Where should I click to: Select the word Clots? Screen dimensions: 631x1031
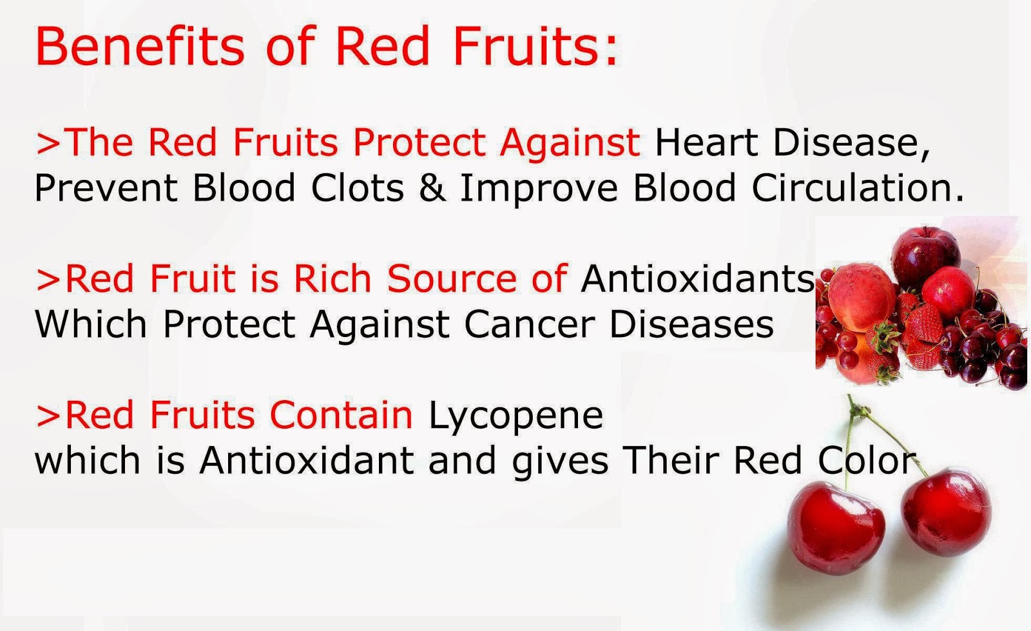[358, 188]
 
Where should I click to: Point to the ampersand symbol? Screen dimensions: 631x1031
[431, 188]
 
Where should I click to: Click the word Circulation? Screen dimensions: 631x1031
[857, 188]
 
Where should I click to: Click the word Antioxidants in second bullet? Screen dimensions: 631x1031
[698, 278]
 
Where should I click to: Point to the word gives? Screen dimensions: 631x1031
[560, 461]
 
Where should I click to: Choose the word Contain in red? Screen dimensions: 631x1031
[341, 414]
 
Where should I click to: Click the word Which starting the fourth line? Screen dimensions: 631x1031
[90, 324]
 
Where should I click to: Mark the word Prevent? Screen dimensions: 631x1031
[106, 188]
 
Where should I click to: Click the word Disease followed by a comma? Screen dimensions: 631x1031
[851, 142]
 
